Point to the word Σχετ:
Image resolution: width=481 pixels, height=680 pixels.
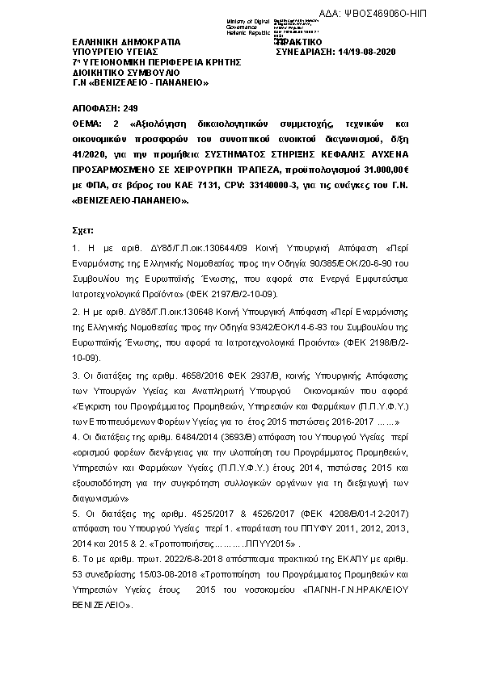(83, 229)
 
